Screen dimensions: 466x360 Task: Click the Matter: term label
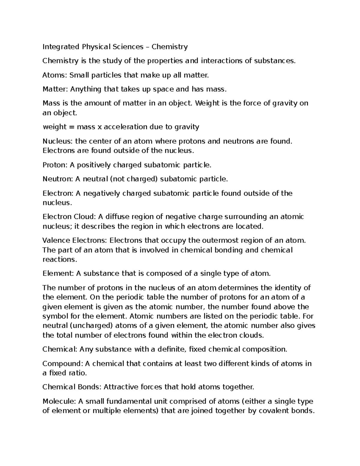[55, 89]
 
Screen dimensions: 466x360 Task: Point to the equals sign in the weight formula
[71, 127]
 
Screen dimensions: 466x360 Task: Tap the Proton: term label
[55, 165]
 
